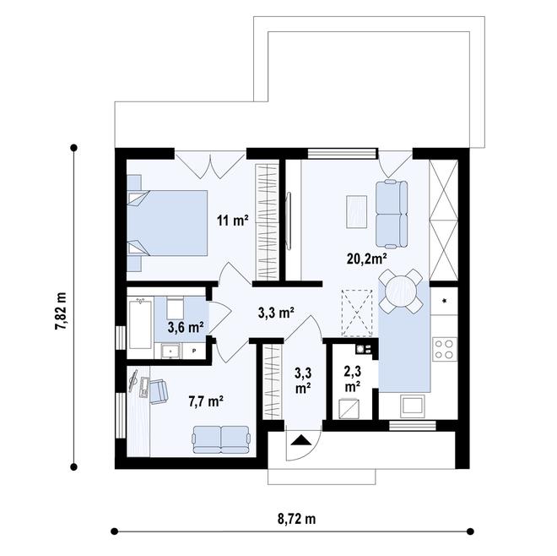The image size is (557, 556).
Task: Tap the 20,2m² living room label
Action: point(366,259)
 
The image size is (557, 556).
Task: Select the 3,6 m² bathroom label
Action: point(185,326)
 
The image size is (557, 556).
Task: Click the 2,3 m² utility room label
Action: point(353,376)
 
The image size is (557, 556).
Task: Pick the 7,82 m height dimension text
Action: point(61,309)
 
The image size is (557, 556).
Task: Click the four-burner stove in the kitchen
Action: point(444,349)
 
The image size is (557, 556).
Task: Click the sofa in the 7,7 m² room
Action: point(221,439)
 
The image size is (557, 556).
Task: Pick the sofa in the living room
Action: point(391,210)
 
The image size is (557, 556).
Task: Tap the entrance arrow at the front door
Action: point(301,439)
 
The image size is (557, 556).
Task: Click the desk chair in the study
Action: point(158,390)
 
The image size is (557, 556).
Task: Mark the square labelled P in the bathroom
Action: point(194,350)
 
